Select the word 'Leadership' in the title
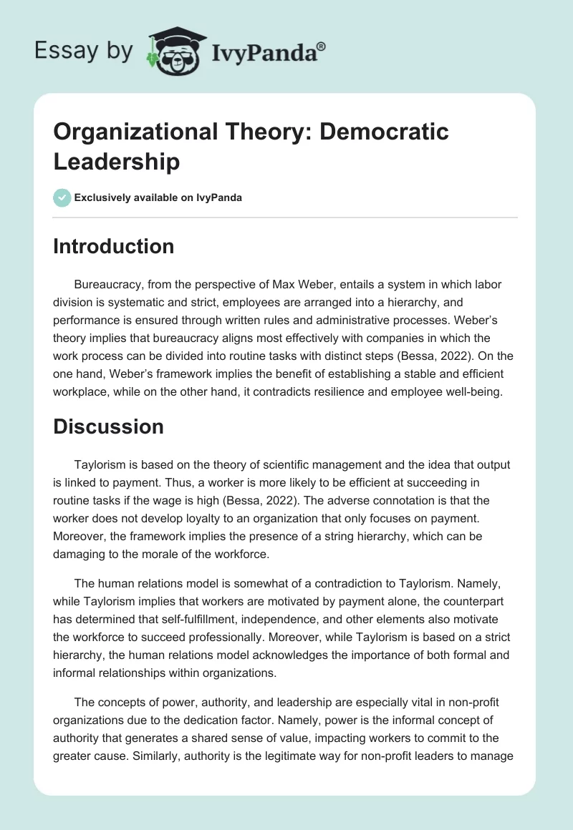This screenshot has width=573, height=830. tap(117, 162)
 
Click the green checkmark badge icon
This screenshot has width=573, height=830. tap(63, 197)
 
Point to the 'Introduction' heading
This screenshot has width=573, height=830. tap(114, 246)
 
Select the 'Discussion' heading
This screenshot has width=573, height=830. tap(109, 427)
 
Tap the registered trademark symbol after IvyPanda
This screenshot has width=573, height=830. tap(322, 44)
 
